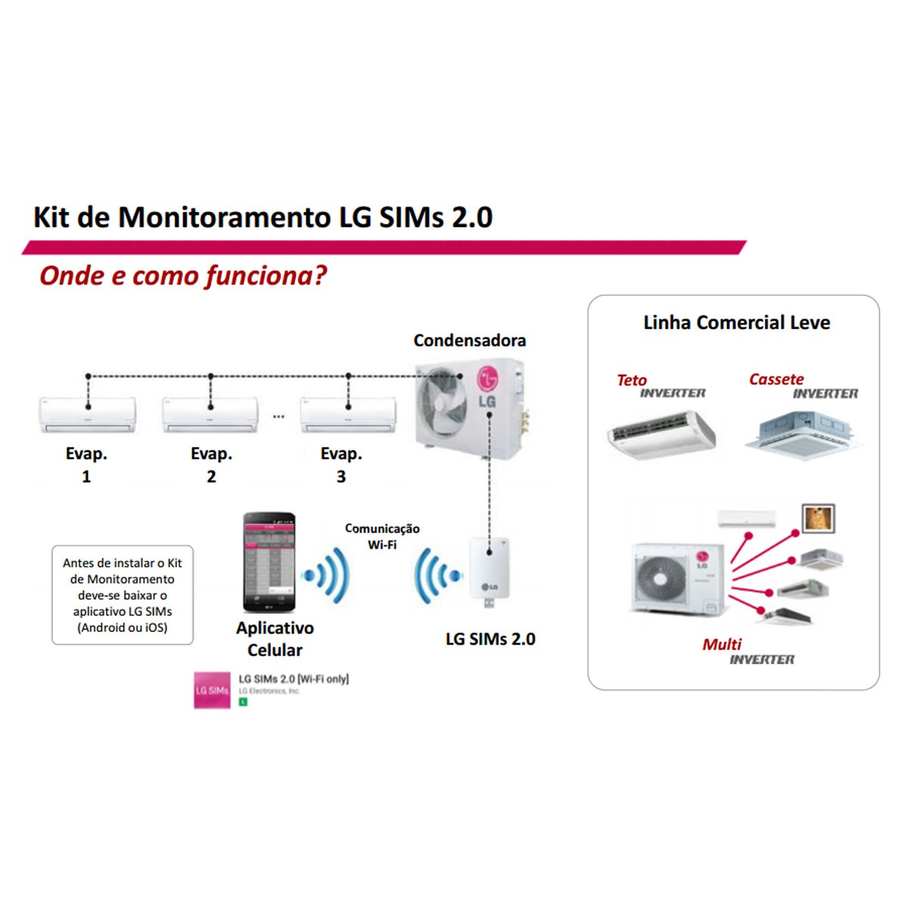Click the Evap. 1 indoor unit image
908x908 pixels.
pos(88,416)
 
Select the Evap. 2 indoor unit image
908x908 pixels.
pos(210,416)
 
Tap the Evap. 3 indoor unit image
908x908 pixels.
pos(348,416)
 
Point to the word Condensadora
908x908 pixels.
pos(469,340)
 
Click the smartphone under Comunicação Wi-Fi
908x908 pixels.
pos(269,563)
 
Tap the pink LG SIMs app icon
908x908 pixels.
pos(212,690)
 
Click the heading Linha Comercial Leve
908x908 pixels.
pos(736,323)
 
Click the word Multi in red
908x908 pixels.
pos(722,645)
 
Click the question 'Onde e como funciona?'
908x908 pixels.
pos(183,275)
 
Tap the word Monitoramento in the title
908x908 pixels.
pos(225,217)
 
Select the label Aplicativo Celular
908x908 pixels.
pos(275,639)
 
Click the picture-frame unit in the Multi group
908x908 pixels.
pos(817,519)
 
